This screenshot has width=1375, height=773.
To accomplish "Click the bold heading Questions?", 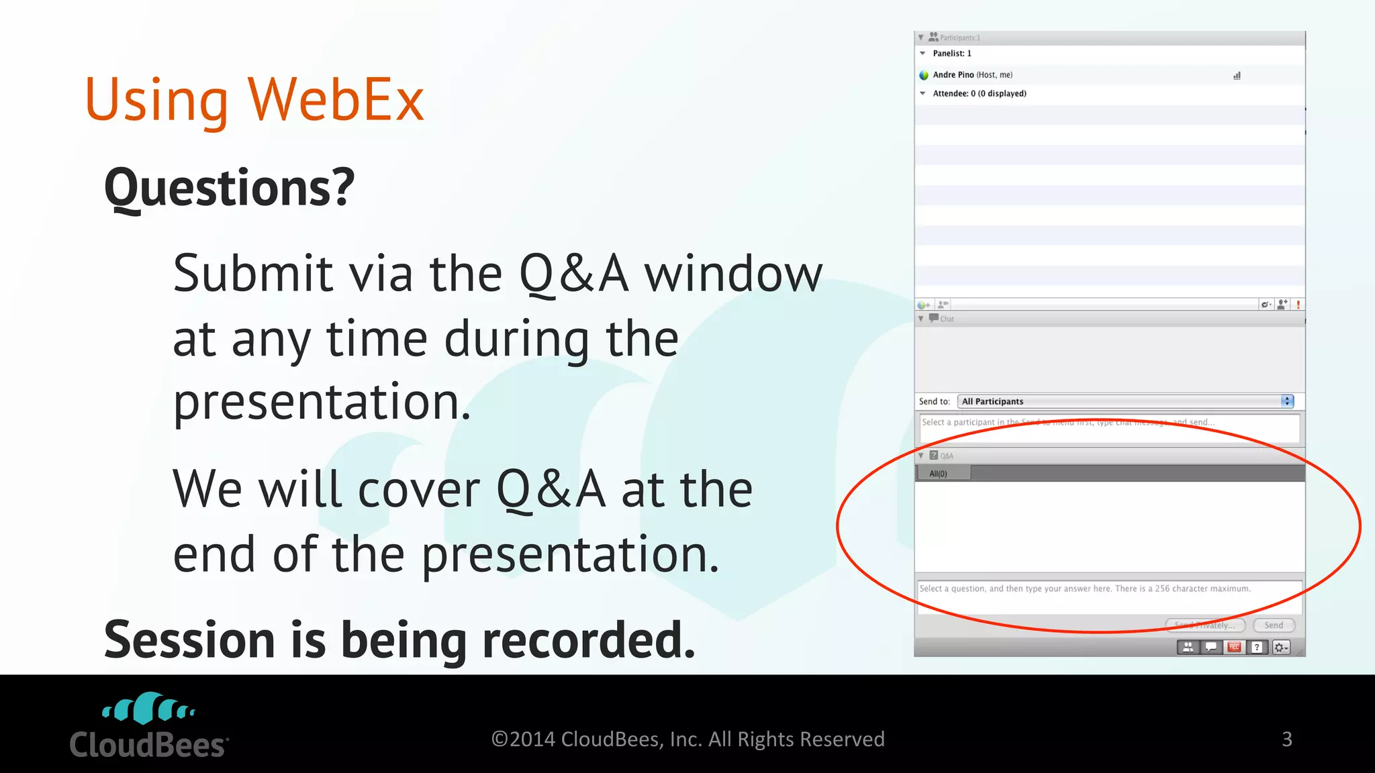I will [229, 188].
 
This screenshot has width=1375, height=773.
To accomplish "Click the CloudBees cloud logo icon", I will [148, 708].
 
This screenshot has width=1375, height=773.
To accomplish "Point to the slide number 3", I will [1286, 739].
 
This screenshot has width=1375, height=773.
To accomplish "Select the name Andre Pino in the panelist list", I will [953, 75].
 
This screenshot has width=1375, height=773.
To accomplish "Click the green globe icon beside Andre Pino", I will [924, 75].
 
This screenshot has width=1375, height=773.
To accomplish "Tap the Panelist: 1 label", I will [951, 54].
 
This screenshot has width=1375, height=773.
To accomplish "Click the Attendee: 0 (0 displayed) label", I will [979, 94].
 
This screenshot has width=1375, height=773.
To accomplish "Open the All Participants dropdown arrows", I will [1286, 401].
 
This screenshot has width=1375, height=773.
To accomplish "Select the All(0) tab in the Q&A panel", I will [938, 474].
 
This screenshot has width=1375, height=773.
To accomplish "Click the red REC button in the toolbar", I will [1234, 647].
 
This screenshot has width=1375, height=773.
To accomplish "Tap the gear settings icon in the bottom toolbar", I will [1280, 647].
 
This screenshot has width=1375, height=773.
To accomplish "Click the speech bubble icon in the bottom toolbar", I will [1211, 647].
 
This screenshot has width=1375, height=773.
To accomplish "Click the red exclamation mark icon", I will [1298, 305].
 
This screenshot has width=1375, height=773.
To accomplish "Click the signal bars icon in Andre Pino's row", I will [1237, 76].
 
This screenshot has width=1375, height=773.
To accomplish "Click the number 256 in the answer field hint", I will [1162, 589].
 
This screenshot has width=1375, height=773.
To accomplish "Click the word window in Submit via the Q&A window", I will [732, 274].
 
